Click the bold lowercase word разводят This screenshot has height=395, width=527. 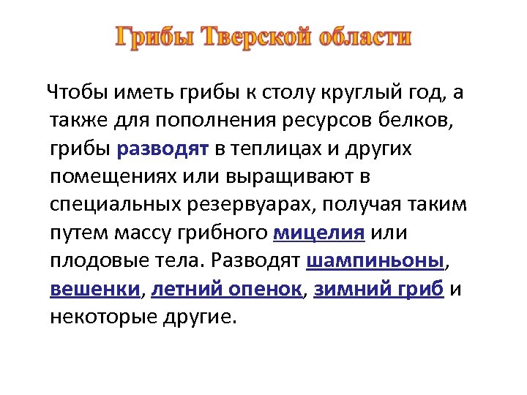click(173, 148)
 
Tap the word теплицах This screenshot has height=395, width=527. click(281, 148)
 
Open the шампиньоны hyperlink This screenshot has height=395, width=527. click(375, 260)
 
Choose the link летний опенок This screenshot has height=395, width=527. click(228, 288)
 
